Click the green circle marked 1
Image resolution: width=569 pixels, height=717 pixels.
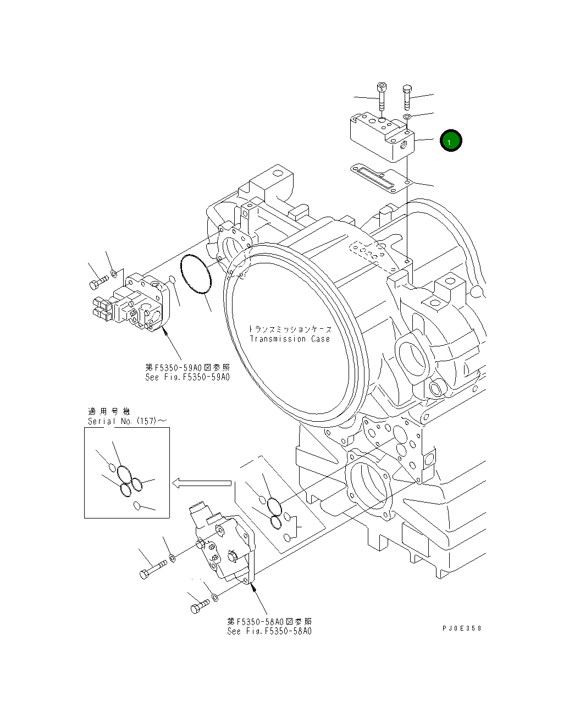tap(451, 141)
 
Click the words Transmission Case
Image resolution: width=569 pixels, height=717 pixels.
tap(290, 339)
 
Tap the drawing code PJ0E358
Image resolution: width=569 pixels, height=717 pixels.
tap(461, 628)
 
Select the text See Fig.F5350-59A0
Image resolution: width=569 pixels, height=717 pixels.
tap(187, 377)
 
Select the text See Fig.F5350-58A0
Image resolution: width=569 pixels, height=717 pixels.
tap(269, 631)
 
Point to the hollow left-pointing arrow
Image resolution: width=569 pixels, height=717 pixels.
tap(201, 483)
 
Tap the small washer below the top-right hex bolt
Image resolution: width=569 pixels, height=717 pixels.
tap(407, 117)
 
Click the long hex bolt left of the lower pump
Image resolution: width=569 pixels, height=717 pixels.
tap(152, 570)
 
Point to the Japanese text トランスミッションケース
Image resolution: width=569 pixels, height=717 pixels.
tap(290, 329)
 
